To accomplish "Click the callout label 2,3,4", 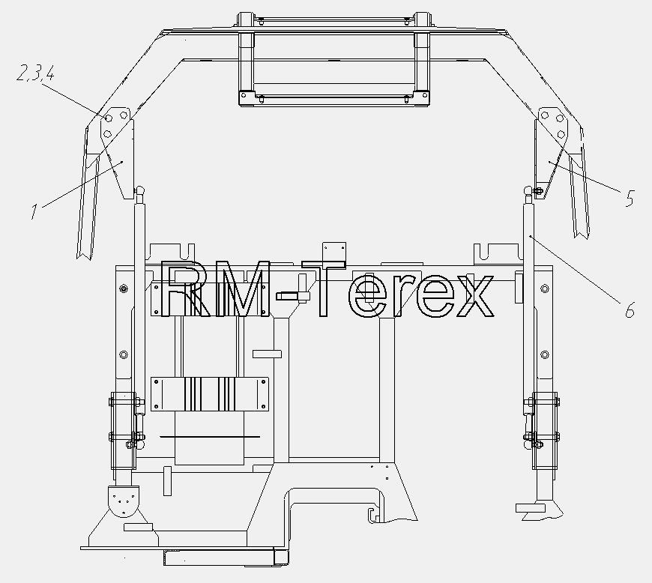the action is click(x=35, y=73).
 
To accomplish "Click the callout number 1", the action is click(x=34, y=211).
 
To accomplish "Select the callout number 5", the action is click(x=630, y=198).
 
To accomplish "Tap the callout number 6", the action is click(x=630, y=310).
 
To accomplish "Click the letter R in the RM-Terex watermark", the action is click(x=181, y=289).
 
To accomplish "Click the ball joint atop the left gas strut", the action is click(x=139, y=191).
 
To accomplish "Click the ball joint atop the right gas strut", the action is click(x=529, y=191).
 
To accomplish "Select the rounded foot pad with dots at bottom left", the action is click(x=124, y=501).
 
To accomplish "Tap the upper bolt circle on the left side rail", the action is click(x=124, y=289).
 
